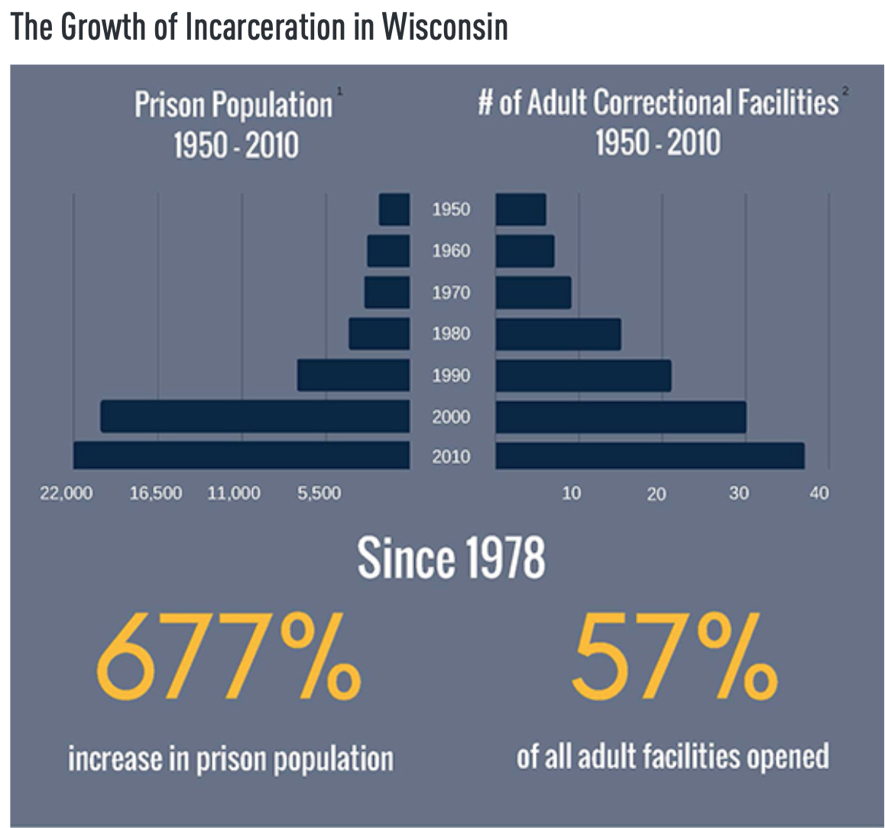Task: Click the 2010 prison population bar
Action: click(242, 455)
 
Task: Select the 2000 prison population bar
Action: click(255, 416)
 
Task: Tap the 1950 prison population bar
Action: click(394, 209)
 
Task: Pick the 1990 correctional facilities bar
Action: click(583, 375)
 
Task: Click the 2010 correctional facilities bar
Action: click(650, 456)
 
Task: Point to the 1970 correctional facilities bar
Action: click(533, 293)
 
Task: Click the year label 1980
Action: click(451, 333)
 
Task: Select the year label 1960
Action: click(451, 251)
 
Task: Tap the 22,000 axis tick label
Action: click(66, 493)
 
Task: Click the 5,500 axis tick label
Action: click(319, 493)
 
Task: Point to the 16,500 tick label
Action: click(156, 493)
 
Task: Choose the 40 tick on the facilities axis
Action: click(819, 493)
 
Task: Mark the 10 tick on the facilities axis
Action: click(571, 493)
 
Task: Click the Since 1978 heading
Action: click(451, 558)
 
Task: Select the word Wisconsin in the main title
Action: click(444, 28)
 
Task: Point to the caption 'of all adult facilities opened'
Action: click(673, 756)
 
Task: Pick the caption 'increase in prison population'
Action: click(231, 758)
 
